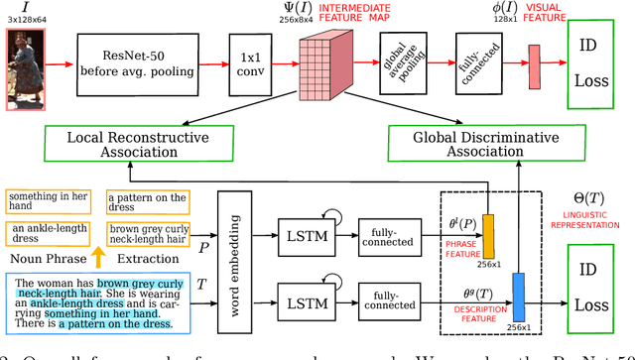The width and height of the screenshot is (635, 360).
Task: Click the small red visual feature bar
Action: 533,66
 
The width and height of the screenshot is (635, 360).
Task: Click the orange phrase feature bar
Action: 486,235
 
